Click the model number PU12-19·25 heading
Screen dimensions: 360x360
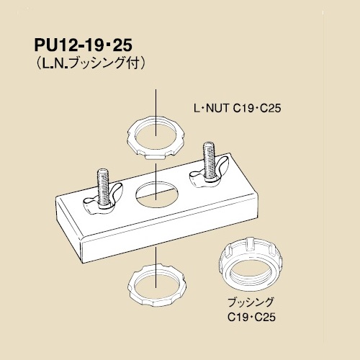click(x=84, y=45)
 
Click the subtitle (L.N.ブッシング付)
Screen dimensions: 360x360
click(x=90, y=63)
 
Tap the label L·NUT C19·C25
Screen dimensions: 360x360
click(x=238, y=109)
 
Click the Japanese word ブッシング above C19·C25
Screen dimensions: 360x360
click(x=251, y=302)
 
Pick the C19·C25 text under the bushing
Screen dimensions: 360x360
click(x=251, y=318)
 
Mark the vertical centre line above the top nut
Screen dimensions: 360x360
click(x=156, y=113)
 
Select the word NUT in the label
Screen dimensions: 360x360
click(x=217, y=109)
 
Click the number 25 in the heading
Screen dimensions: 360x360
click(x=122, y=45)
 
